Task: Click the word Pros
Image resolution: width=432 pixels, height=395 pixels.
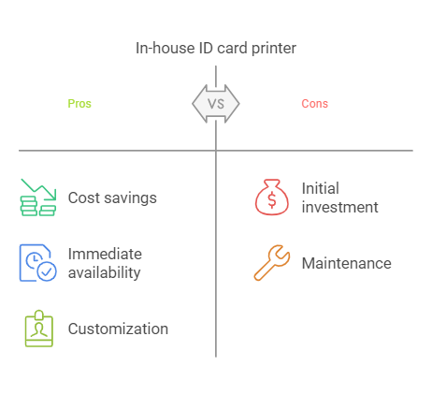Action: [x=79, y=104]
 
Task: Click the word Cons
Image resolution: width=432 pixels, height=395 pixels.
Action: [x=315, y=104]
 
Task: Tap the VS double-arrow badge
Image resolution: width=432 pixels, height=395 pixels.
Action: [x=216, y=104]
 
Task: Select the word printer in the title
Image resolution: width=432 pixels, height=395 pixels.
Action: [x=274, y=49]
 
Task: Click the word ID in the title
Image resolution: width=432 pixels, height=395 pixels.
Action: [x=206, y=49]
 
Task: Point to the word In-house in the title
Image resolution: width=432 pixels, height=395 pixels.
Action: [x=166, y=49]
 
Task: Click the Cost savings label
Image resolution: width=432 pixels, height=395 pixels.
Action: [x=112, y=197]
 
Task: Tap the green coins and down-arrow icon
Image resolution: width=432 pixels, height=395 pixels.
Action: [x=38, y=197]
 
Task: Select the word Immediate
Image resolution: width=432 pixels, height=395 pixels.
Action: [x=105, y=254]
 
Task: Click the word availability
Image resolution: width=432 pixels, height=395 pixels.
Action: [x=105, y=272]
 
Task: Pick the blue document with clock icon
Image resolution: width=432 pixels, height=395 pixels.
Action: [x=38, y=263]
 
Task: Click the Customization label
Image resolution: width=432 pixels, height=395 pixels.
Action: [x=118, y=329]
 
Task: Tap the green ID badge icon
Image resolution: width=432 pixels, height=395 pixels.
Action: [x=39, y=329]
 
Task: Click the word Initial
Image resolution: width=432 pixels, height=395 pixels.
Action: [x=321, y=188]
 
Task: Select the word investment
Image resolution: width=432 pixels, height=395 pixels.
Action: [x=340, y=207]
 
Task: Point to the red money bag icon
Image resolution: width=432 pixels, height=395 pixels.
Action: [x=272, y=197]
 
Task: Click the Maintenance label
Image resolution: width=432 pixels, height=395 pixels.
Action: [x=347, y=263]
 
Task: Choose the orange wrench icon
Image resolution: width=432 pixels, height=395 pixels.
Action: [x=272, y=263]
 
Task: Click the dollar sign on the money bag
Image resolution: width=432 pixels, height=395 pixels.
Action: [x=272, y=200]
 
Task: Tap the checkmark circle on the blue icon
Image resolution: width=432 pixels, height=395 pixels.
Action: [x=47, y=271]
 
